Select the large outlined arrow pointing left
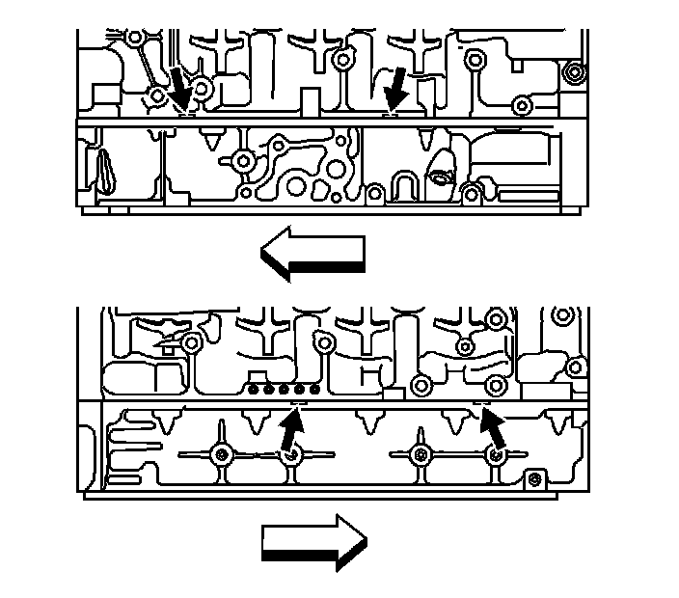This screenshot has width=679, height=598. pos(312,254)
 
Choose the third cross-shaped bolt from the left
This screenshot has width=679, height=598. pos(420,454)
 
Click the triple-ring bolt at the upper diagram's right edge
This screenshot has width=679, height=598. pos(576,72)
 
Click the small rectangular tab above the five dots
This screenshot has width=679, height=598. pos(257,375)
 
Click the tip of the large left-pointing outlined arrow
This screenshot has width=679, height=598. pos(263,256)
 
